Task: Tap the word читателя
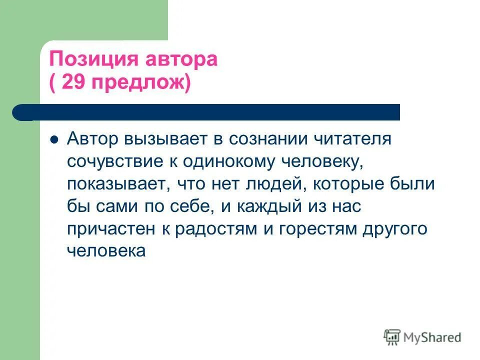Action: [356, 138]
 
